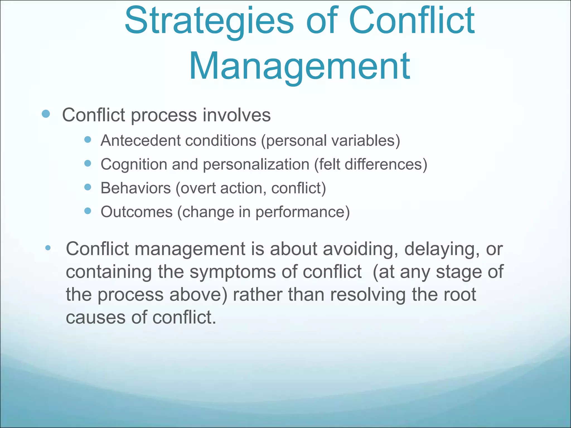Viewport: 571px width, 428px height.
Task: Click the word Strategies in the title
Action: pos(209,22)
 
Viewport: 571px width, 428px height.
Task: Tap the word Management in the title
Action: pos(299,67)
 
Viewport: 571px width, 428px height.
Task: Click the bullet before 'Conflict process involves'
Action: pos(46,114)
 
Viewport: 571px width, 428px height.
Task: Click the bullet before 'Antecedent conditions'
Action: pos(88,139)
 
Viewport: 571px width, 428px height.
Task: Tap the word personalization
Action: pos(256,165)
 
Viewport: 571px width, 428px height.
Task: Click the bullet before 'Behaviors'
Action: pos(88,187)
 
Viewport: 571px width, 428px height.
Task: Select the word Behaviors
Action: pos(136,188)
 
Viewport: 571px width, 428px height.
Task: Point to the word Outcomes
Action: pos(137,212)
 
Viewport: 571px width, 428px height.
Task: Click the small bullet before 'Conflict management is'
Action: pos(48,248)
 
